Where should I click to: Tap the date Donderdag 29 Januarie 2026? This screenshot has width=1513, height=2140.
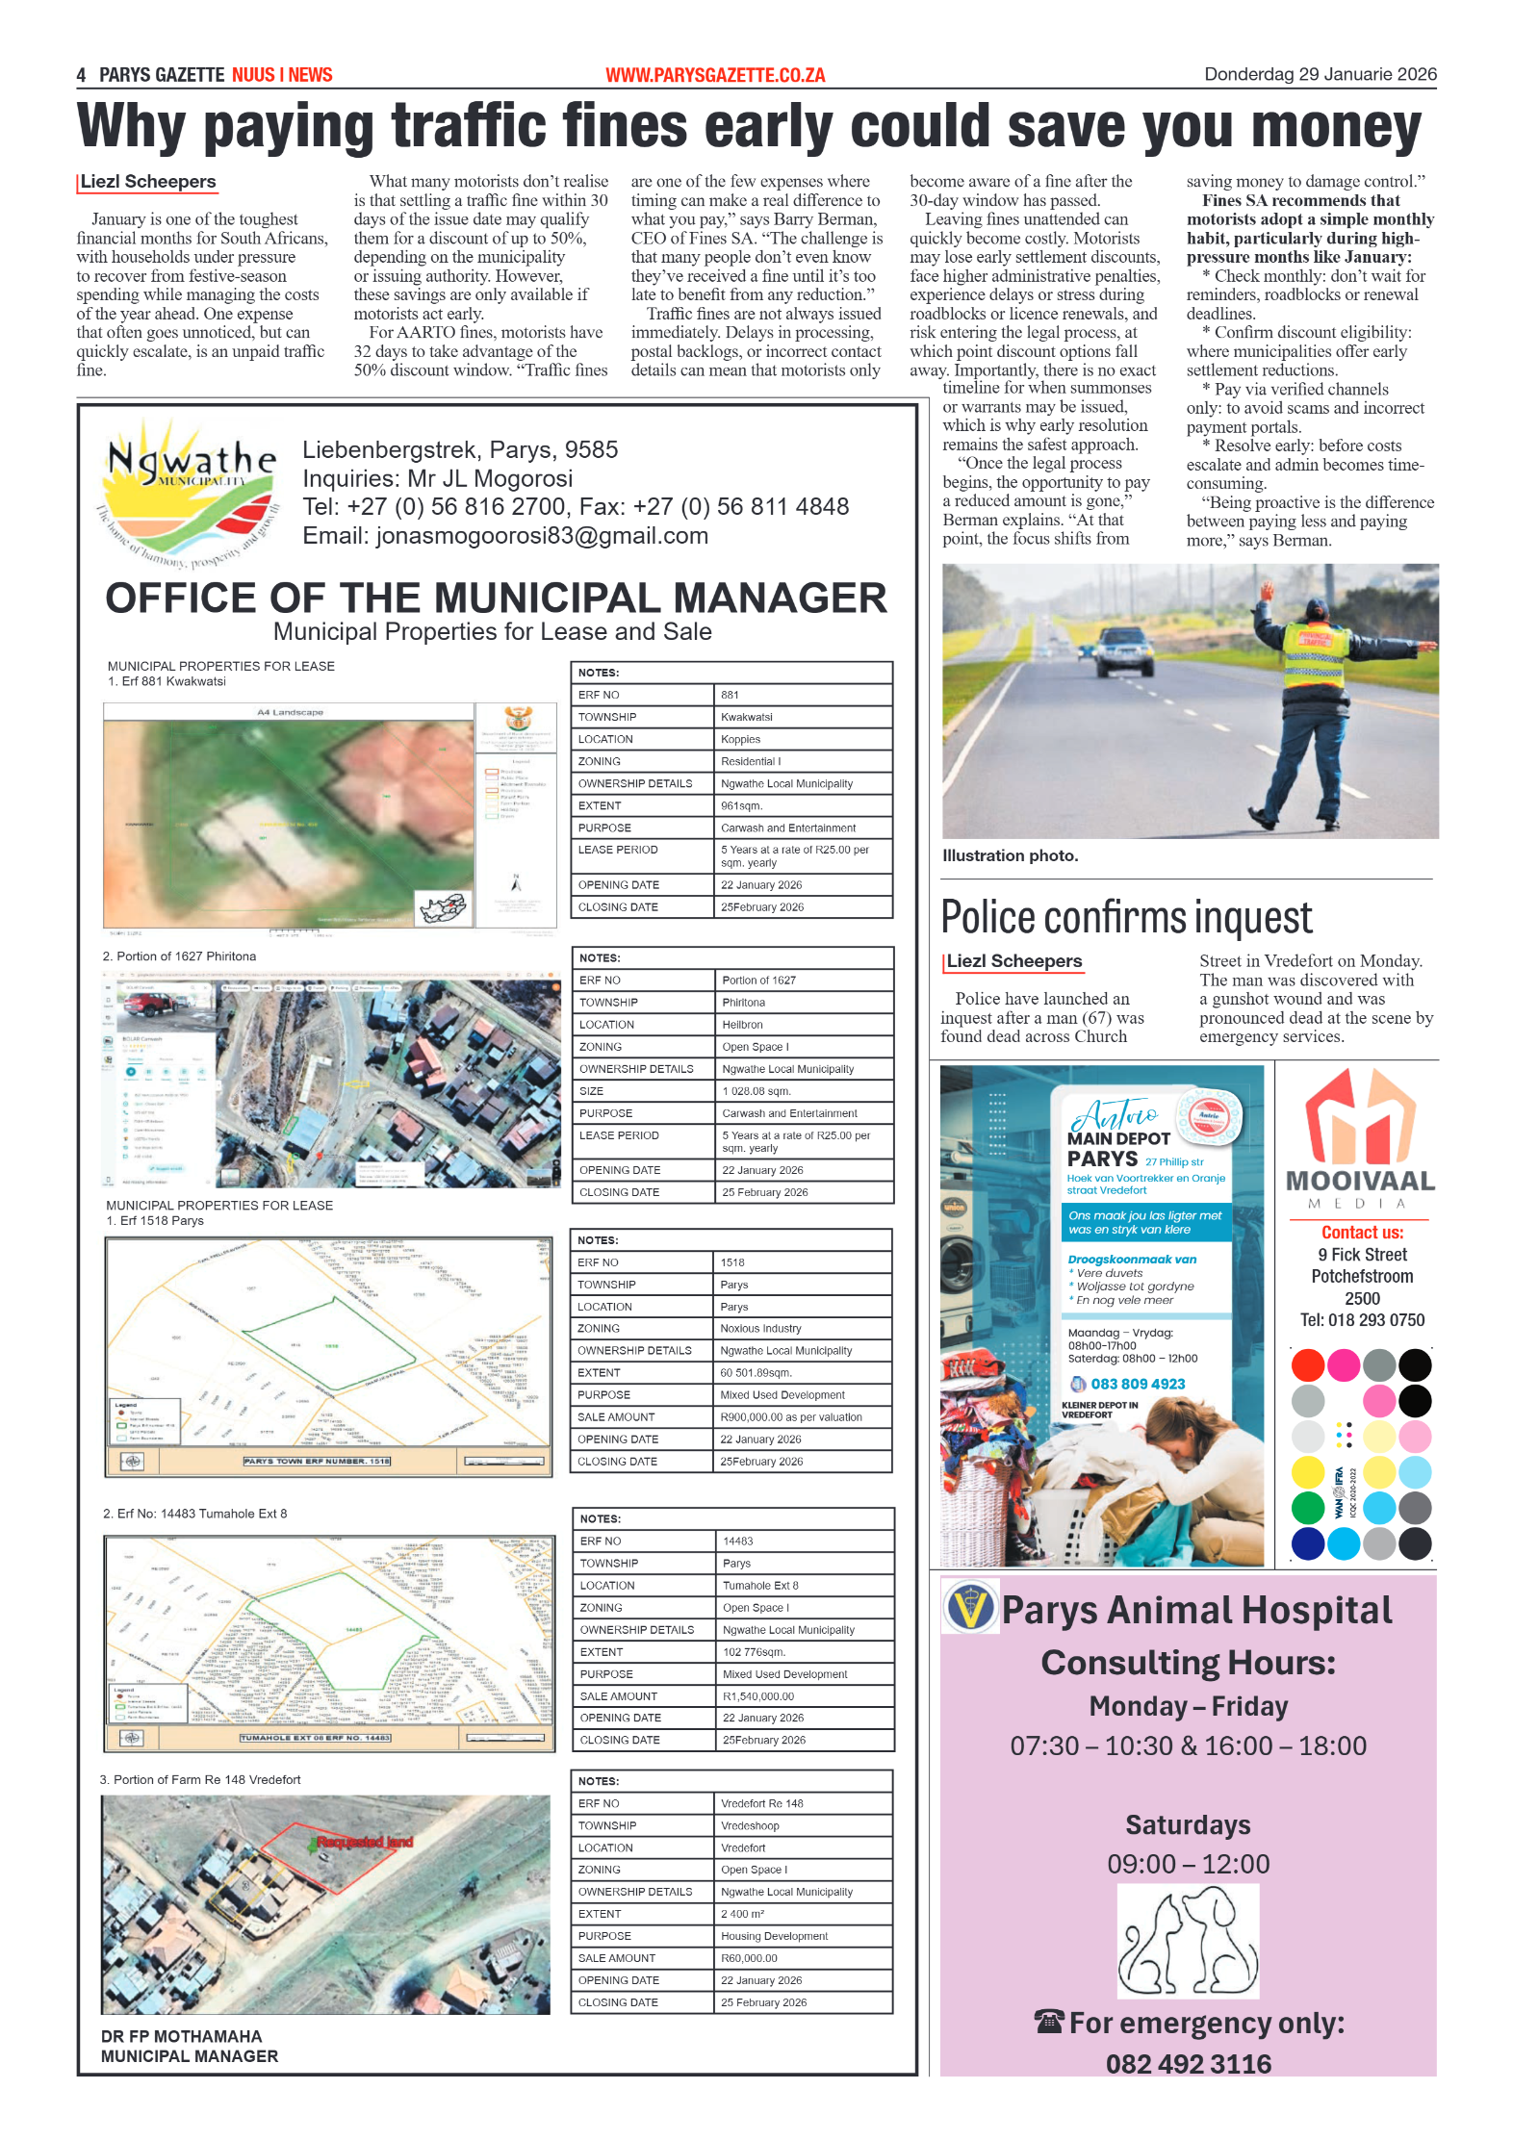[x=1320, y=74]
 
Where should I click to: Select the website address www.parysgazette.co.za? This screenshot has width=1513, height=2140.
[x=715, y=75]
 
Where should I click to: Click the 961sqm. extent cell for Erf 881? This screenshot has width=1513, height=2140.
[x=741, y=805]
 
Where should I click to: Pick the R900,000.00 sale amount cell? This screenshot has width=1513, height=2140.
[x=790, y=1416]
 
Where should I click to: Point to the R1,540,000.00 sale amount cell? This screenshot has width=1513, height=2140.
[x=758, y=1695]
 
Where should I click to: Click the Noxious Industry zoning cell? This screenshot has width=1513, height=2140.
[x=760, y=1328]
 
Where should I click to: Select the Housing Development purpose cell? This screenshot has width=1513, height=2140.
[x=774, y=1935]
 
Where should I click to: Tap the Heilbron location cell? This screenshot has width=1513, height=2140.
[x=742, y=1024]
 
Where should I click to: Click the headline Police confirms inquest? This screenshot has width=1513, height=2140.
[x=1125, y=917]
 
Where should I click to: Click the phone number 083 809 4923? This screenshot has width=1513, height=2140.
[x=1137, y=1384]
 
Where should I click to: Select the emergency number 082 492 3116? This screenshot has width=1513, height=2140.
[x=1188, y=2063]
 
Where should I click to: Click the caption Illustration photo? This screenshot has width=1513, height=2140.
[x=1010, y=855]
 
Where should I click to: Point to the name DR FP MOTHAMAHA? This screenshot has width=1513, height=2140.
[x=181, y=2036]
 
